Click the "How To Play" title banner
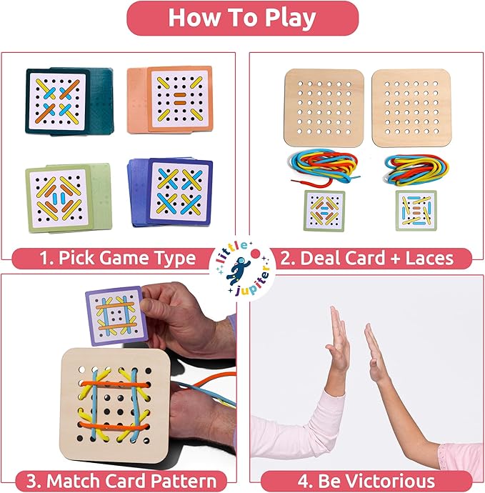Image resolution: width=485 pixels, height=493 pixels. click(x=242, y=18)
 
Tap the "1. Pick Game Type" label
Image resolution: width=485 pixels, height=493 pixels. click(x=119, y=258)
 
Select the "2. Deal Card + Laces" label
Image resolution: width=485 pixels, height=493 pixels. click(x=366, y=258)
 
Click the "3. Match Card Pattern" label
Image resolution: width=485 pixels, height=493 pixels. click(x=119, y=480)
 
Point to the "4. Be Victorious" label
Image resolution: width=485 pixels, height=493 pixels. click(x=366, y=480)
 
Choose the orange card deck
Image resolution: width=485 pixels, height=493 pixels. click(x=170, y=99)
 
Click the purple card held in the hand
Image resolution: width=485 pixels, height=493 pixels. click(x=115, y=315)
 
